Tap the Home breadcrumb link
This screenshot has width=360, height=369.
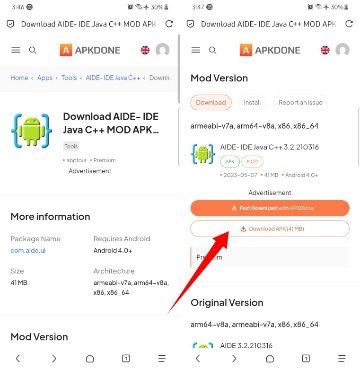(19, 78)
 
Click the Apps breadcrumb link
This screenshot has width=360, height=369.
(45, 78)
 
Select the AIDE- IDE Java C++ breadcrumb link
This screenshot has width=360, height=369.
(113, 78)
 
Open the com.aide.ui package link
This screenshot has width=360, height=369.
(28, 250)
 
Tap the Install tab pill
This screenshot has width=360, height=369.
(252, 102)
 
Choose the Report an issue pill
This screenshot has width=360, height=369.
(300, 102)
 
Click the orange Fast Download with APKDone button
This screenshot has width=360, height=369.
(270, 208)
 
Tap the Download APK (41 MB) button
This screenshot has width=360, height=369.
(270, 229)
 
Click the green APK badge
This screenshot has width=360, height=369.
(230, 162)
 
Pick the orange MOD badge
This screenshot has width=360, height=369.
(252, 162)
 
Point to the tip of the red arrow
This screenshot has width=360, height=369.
(228, 232)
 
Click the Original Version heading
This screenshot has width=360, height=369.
(227, 303)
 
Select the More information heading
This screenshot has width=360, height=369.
(50, 217)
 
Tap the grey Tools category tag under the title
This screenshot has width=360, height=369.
(71, 146)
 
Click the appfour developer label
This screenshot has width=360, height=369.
(77, 160)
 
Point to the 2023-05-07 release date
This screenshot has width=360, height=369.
(240, 175)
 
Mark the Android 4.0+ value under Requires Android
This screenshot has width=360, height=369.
(113, 250)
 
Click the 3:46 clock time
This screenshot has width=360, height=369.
(18, 7)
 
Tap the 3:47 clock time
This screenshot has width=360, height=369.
(198, 7)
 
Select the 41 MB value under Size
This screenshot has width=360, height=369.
(19, 282)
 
